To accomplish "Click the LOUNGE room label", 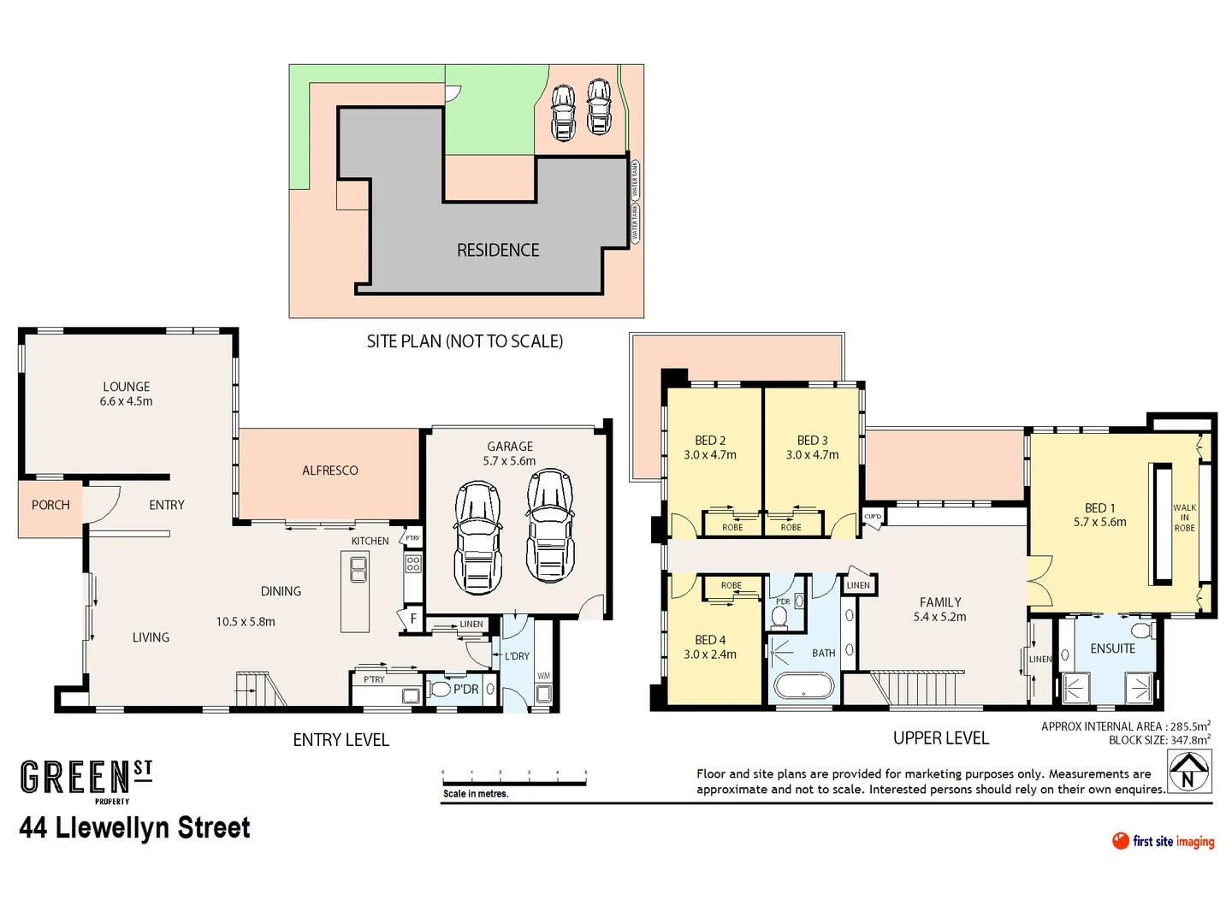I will click(126, 387).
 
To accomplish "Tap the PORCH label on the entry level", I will click(50, 505).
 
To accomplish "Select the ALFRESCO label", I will click(329, 471).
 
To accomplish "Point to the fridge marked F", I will click(413, 619).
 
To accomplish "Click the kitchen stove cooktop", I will click(413, 563).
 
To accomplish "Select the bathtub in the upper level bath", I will click(803, 686).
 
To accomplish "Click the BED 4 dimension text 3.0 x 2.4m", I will click(709, 654).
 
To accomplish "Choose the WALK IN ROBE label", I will click(1184, 518).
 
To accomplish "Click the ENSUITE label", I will click(1112, 649).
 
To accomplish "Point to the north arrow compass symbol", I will click(1189, 772).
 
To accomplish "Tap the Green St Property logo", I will click(86, 780).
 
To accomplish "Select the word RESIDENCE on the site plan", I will click(498, 250).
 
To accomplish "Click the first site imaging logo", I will click(1163, 841).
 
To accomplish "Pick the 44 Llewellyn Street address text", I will click(135, 828).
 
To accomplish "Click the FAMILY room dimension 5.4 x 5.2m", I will click(939, 617).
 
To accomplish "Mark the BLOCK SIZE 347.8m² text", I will click(1159, 740).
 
